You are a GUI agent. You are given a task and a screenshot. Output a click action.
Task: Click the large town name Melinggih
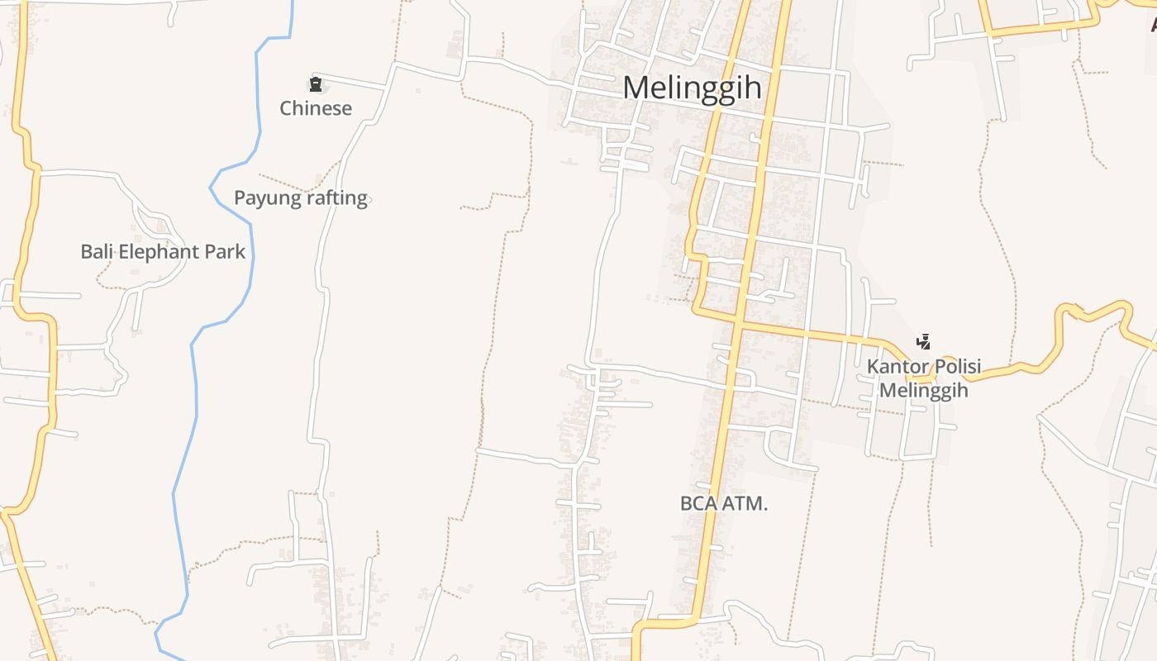point(692,88)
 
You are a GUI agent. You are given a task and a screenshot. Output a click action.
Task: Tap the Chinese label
point(316,108)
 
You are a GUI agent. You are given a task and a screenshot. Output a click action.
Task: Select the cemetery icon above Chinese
point(315,83)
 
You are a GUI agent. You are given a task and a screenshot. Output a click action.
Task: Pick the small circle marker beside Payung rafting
point(368,199)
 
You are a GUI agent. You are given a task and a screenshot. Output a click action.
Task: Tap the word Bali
point(97,251)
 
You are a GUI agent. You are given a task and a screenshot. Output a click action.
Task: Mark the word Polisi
point(953,367)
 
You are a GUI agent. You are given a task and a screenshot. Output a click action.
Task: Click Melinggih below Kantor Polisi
point(923,390)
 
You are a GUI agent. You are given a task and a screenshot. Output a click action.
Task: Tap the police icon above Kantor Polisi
point(923,341)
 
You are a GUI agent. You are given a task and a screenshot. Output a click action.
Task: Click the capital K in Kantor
point(872,367)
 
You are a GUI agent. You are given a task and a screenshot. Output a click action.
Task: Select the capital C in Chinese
point(285,108)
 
